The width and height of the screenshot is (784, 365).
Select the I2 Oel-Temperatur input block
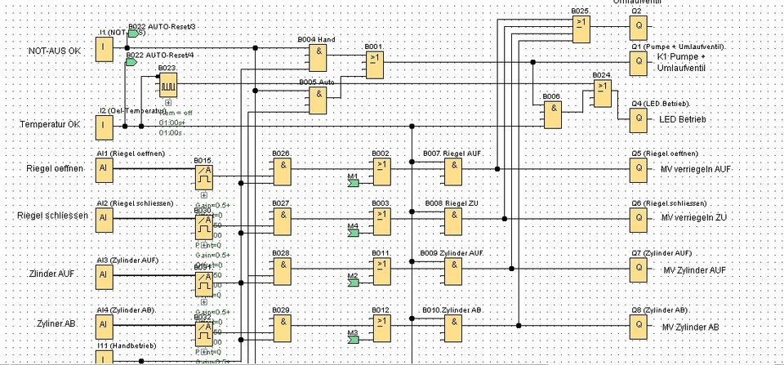[x=104, y=127]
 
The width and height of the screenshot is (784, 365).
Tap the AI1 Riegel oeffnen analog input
[x=104, y=170]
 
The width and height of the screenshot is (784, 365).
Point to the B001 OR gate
[x=374, y=65]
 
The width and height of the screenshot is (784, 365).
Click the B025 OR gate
[x=582, y=29]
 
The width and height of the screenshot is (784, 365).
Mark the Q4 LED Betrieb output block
[x=638, y=119]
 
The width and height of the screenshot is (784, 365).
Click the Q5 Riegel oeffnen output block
[x=638, y=170]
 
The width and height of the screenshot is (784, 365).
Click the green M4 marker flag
[x=353, y=234]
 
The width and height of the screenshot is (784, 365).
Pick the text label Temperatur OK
[x=50, y=124]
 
